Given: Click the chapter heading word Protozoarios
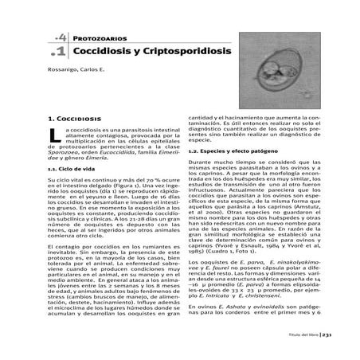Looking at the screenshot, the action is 90,38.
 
